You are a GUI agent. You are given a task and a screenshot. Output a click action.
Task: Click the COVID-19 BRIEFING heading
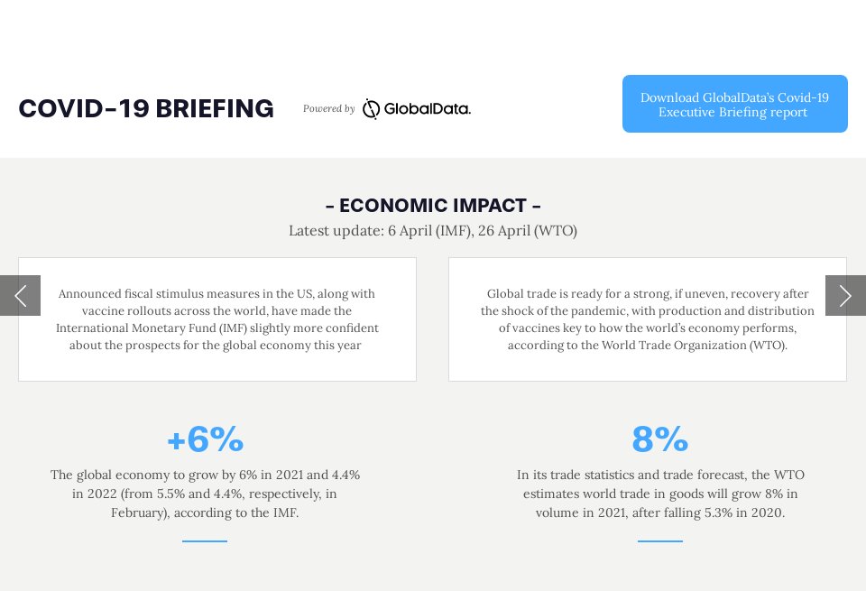(146, 108)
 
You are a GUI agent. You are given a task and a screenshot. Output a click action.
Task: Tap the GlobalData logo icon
(371, 109)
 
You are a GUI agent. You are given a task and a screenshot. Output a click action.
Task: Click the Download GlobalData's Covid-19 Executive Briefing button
(734, 104)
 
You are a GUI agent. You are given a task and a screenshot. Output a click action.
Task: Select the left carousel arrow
(20, 295)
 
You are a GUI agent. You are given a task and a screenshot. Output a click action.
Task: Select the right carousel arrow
(845, 295)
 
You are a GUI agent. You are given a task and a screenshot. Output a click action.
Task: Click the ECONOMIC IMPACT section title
(433, 206)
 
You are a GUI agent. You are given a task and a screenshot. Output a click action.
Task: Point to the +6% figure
(205, 439)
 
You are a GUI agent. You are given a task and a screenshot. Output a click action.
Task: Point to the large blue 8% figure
(659, 439)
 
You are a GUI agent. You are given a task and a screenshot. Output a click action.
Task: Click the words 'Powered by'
(328, 109)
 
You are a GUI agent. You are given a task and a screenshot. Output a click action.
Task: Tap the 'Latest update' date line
(433, 231)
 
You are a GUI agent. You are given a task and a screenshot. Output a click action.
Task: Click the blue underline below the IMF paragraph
(205, 541)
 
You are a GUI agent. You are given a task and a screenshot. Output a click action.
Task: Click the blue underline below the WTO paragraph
(659, 541)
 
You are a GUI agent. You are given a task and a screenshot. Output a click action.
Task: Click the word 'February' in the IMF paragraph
(139, 513)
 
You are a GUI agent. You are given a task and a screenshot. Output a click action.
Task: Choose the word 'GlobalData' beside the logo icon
(427, 109)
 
